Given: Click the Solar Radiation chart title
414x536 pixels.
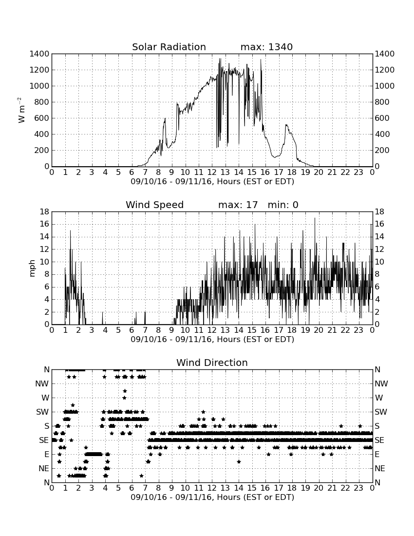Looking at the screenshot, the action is [169, 47].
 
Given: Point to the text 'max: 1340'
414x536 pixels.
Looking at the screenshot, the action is [266, 47].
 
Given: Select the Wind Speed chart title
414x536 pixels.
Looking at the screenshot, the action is [155, 205].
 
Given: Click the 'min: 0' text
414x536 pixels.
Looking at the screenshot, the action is [283, 205].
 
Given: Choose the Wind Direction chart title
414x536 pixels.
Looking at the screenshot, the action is [212, 363].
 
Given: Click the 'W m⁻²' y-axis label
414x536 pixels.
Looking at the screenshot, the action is [21, 110].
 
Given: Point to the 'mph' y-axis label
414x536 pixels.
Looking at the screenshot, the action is [32, 268].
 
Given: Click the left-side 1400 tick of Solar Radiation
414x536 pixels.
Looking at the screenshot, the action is [39, 54].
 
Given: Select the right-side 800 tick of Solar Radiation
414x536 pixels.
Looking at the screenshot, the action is [382, 102].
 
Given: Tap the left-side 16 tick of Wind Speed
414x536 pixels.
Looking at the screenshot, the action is [45, 224].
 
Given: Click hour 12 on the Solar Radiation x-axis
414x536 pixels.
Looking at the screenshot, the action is [212, 172].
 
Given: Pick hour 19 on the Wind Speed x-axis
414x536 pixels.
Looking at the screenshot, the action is [305, 330].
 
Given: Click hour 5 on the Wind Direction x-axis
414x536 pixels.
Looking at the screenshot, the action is [118, 488].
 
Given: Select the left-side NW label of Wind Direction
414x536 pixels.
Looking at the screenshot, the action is [42, 383].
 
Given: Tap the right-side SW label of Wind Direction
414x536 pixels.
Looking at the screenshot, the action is [381, 412].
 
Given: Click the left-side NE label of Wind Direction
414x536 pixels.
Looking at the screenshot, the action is [44, 468].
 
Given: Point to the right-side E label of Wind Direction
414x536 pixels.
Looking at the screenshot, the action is [377, 454].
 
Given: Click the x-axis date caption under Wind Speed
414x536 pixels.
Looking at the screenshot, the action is [212, 340].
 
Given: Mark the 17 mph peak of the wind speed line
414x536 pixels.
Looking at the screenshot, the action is [315, 218].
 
